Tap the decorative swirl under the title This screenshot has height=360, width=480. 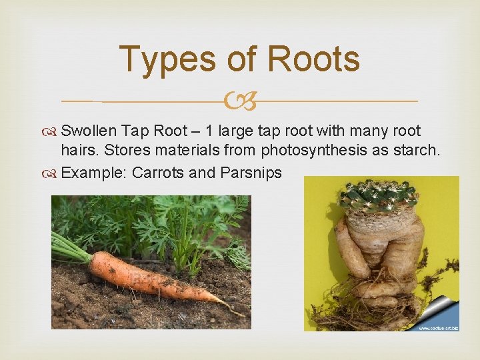(x=240, y=101)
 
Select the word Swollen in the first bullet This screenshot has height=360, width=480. (x=89, y=131)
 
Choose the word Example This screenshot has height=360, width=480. (x=93, y=173)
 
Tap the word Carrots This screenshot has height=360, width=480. (x=159, y=173)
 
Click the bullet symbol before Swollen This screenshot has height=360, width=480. (x=51, y=131)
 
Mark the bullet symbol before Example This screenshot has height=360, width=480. (x=51, y=173)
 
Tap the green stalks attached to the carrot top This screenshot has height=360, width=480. (x=70, y=248)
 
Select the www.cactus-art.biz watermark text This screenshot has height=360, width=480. (x=436, y=327)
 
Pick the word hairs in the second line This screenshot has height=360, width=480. (x=77, y=151)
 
